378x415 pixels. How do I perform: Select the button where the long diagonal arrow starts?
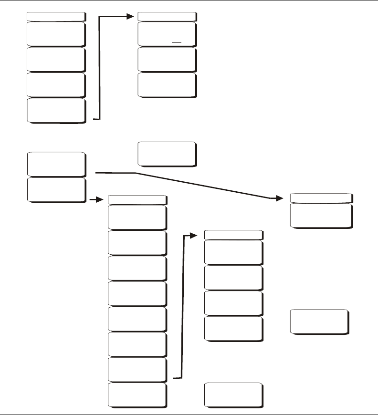pos(56,164)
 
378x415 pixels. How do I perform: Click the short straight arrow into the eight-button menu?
pos(97,199)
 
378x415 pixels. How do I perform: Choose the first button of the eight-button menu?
pos(137,218)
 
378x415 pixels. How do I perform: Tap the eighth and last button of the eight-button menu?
pos(137,394)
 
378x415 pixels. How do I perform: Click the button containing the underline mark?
pos(167,33)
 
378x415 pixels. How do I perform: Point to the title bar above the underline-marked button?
pos(167,16)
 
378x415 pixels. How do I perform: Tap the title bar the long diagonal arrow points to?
pos(321,198)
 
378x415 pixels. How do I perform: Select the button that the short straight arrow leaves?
pos(56,190)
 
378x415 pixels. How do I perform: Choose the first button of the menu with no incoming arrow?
pos(56,33)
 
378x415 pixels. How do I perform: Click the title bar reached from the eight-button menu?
pos(233,235)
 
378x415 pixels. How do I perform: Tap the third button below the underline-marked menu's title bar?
pos(167,85)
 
